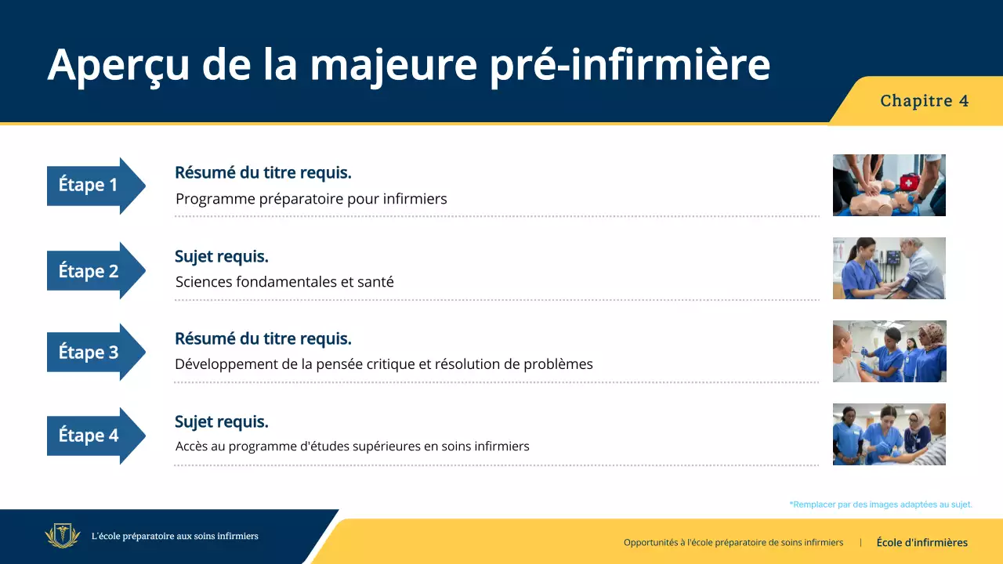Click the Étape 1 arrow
pyautogui.click(x=94, y=186)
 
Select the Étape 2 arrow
pyautogui.click(x=94, y=271)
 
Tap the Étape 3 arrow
pyautogui.click(x=94, y=352)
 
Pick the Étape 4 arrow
pyautogui.click(x=94, y=436)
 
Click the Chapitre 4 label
pyautogui.click(x=924, y=101)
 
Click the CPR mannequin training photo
pyautogui.click(x=889, y=185)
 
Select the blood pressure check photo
pyautogui.click(x=889, y=268)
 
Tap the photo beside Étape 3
pyautogui.click(x=889, y=351)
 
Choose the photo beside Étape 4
pyautogui.click(x=889, y=434)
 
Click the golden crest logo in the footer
pyautogui.click(x=63, y=537)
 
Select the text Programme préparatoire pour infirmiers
pyautogui.click(x=311, y=199)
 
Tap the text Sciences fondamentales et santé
pyautogui.click(x=284, y=282)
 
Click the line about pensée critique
pyautogui.click(x=384, y=364)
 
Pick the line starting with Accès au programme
pyautogui.click(x=352, y=446)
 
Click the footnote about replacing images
pyautogui.click(x=881, y=504)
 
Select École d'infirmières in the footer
pyautogui.click(x=922, y=542)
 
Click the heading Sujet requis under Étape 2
pyautogui.click(x=222, y=256)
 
